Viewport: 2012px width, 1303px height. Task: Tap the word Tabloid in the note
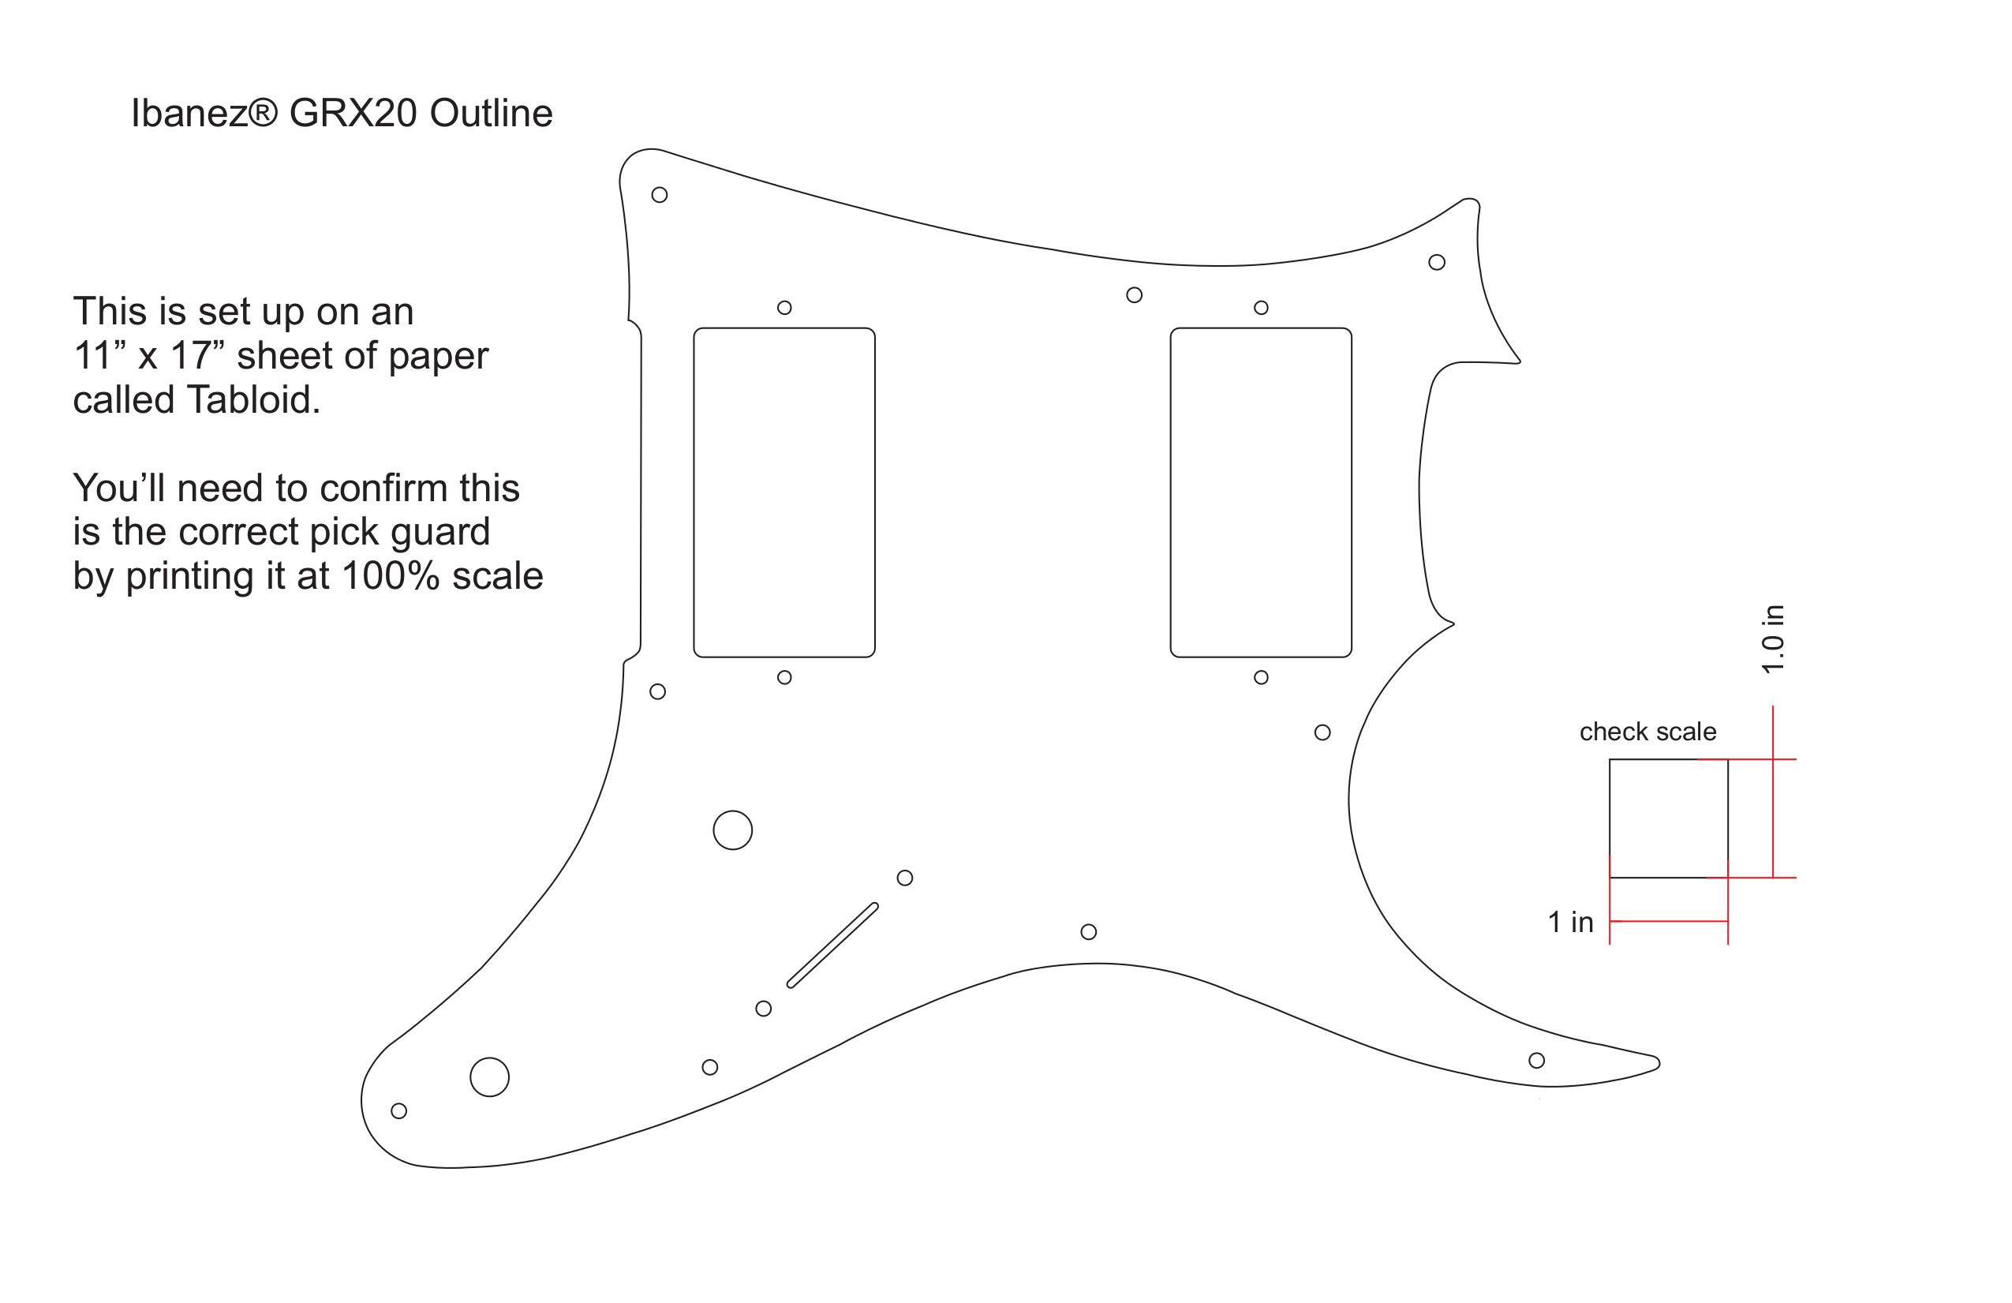click(x=252, y=399)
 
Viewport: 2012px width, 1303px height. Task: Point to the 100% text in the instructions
click(x=391, y=576)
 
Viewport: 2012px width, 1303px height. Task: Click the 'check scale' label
click(x=1647, y=732)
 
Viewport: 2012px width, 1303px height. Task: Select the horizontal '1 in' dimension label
click(x=1570, y=922)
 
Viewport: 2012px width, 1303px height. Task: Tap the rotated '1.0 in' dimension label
click(x=1773, y=639)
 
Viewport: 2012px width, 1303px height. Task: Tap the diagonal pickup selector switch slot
click(x=832, y=945)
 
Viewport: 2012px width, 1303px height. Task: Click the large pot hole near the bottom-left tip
click(x=489, y=1077)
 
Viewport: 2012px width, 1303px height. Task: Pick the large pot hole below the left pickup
click(x=733, y=830)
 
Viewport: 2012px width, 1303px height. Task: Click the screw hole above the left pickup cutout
click(x=784, y=308)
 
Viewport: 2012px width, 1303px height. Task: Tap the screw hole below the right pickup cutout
click(x=1262, y=677)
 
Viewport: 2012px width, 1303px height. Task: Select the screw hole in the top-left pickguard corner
click(x=660, y=195)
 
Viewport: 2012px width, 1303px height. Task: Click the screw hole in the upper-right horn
click(x=1436, y=262)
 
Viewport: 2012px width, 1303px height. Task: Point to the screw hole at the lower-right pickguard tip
click(x=1537, y=1061)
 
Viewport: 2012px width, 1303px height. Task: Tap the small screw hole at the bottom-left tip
click(x=399, y=1111)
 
